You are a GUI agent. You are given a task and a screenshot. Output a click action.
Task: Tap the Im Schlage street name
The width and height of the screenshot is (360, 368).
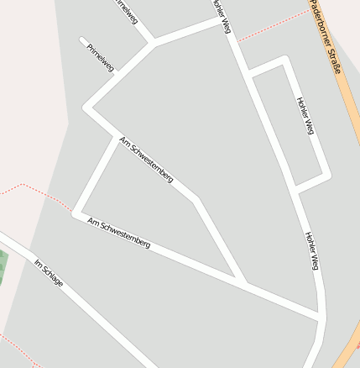click(49, 273)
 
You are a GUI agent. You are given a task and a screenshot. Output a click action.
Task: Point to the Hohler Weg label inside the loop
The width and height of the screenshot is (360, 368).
click(305, 116)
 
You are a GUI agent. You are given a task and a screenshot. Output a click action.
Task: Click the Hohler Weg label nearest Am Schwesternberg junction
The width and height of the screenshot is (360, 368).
click(311, 250)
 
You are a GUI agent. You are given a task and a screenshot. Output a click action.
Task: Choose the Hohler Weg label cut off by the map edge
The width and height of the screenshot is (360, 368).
click(220, 15)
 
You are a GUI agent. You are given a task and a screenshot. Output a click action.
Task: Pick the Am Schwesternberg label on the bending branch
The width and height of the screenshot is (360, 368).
click(146, 160)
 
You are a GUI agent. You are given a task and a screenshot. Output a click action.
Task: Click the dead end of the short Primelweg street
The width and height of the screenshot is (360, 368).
click(82, 39)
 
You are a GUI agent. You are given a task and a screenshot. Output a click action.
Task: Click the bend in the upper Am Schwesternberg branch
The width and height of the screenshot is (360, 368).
click(195, 200)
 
